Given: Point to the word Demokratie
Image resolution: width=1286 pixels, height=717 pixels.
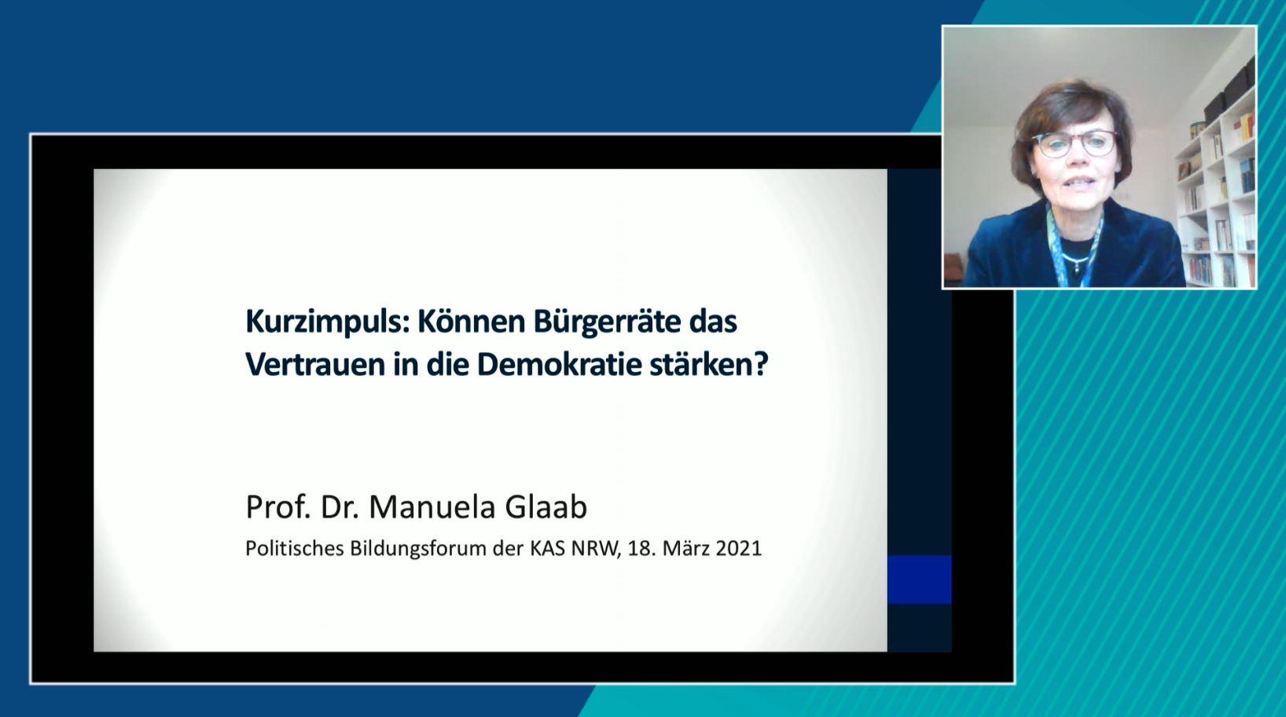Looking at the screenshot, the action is pos(559,365).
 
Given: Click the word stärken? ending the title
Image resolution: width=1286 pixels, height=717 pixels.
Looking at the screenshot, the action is pos(709,365).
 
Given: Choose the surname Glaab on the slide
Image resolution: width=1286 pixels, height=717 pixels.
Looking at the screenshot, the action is pos(546,507).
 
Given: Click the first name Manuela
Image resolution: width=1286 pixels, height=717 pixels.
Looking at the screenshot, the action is pos(432,507).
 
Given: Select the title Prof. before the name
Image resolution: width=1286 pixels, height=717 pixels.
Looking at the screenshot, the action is pos(277,507).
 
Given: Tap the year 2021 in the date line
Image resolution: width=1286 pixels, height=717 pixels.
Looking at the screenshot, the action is pos(739,548).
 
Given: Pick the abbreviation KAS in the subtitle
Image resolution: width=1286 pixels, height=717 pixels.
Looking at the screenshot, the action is pos(548,548).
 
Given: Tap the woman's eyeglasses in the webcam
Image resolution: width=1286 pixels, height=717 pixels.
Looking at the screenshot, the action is pos(1074,144).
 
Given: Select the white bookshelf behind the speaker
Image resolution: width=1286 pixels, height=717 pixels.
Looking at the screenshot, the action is pos(1217,189).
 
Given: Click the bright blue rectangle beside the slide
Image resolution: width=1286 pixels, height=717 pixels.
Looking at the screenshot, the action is pos(919,579).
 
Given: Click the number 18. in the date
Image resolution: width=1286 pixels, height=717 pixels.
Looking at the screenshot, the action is pos(642,548).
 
